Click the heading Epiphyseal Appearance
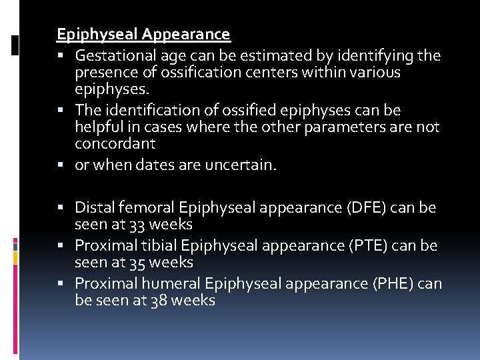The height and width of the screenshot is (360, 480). tap(143, 34)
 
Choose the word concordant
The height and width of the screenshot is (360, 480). tap(115, 143)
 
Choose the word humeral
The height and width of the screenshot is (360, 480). tap(169, 284)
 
